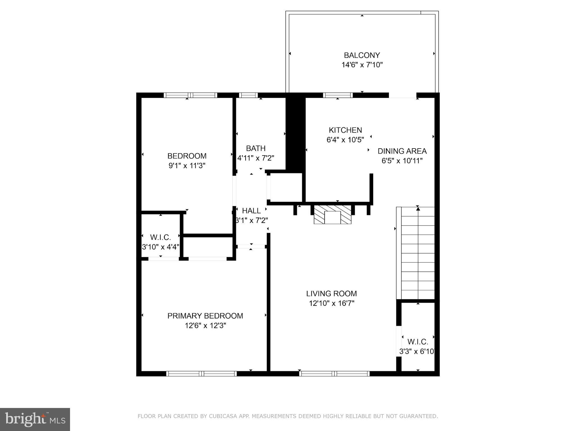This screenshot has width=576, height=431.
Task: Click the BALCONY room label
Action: pos(362,55)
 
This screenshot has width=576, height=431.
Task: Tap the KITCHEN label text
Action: pos(345,130)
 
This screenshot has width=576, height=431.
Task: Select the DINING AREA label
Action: pos(402,151)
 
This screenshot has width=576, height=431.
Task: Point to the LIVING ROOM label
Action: pos(331,293)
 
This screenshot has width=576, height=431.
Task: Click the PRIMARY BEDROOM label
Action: pos(205,316)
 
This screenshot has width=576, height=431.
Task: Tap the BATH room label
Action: pos(256,148)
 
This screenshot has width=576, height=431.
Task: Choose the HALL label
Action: pos(251,211)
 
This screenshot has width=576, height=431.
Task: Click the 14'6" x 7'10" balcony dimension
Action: pos(362,65)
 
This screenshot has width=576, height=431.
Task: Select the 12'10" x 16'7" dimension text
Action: pos(331,303)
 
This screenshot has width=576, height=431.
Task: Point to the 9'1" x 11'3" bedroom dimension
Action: pos(187,166)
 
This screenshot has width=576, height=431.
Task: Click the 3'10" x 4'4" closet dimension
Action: pos(161,247)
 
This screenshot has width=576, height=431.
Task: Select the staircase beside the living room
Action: pos(415,253)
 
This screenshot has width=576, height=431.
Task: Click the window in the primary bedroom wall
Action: pos(201,373)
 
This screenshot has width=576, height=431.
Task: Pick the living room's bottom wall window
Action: pos(334,373)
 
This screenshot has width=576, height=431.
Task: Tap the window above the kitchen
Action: pos(338,95)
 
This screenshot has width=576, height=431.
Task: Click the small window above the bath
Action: pos(248,95)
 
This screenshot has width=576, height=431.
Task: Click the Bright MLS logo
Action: pos(35,419)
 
